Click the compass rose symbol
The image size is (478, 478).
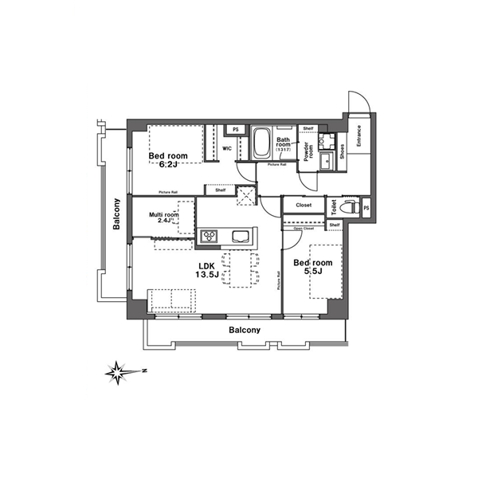pos(118,370)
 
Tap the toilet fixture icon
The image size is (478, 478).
pos(345,206)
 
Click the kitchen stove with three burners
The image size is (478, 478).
pos(210,236)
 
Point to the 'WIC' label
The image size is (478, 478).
pos(227,149)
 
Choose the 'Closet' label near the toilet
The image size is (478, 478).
pos(304,206)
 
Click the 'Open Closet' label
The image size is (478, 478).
pos(304,229)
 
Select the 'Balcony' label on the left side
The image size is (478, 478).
pos(116,214)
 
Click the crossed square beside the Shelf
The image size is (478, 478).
pos(246,192)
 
